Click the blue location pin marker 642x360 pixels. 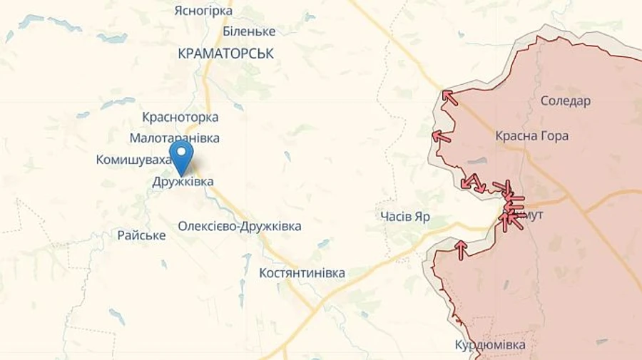pyautogui.click(x=181, y=155)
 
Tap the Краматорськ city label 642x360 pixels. pyautogui.click(x=225, y=53)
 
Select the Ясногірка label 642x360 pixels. pyautogui.click(x=203, y=11)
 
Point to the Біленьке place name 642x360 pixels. pyautogui.click(x=249, y=31)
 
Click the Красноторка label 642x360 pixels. pyautogui.click(x=180, y=117)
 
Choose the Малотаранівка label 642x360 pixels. pyautogui.click(x=174, y=138)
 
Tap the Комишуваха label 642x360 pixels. pyautogui.click(x=133, y=160)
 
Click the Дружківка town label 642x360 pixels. pyautogui.click(x=183, y=182)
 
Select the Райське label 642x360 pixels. pyautogui.click(x=141, y=235)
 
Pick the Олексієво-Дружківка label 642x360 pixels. pyautogui.click(x=240, y=226)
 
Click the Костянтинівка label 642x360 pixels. pyautogui.click(x=302, y=272)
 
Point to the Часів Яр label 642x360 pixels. pyautogui.click(x=405, y=217)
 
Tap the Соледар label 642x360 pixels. pyautogui.click(x=565, y=101)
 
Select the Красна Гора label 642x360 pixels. pyautogui.click(x=531, y=135)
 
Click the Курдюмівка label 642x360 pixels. pyautogui.click(x=490, y=345)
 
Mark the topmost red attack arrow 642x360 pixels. pyautogui.click(x=449, y=97)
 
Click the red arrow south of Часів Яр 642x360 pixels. pyautogui.click(x=461, y=249)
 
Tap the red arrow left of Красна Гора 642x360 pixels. pyautogui.click(x=441, y=135)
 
